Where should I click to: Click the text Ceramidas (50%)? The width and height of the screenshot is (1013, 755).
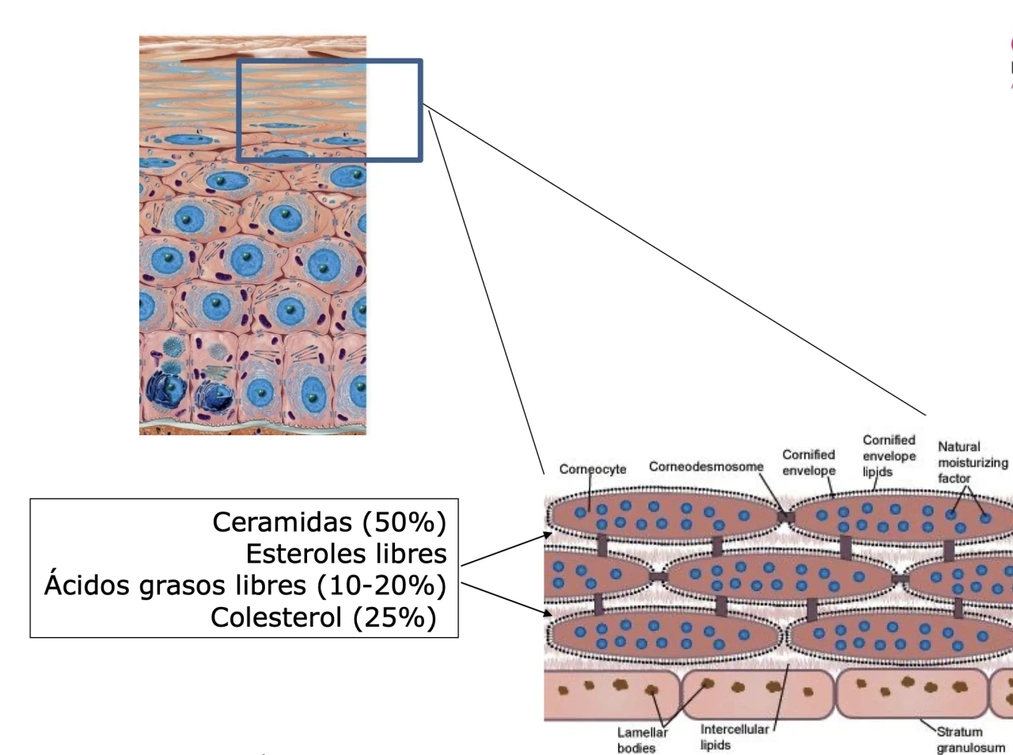pyautogui.click(x=329, y=522)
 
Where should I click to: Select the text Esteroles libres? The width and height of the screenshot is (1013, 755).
pyautogui.click(x=346, y=554)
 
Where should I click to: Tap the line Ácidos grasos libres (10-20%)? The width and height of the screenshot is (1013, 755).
pyautogui.click(x=245, y=586)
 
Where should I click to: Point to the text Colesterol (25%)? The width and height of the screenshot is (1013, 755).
pyautogui.click(x=323, y=617)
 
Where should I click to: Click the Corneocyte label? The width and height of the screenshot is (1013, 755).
pyautogui.click(x=593, y=469)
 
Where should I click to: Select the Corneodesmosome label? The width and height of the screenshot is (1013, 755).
pyautogui.click(x=706, y=467)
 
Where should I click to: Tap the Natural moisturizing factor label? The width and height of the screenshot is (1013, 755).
pyautogui.click(x=972, y=462)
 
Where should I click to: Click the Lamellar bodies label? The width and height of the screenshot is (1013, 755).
pyautogui.click(x=642, y=740)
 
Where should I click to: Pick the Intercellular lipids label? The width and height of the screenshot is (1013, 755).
pyautogui.click(x=734, y=737)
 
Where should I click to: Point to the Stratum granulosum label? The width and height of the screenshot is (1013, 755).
pyautogui.click(x=970, y=740)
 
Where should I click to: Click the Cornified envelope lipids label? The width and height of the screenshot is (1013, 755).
pyautogui.click(x=889, y=456)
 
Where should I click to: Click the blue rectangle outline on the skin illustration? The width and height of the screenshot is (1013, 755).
pyautogui.click(x=420, y=111)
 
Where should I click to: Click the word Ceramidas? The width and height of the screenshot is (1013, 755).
pyautogui.click(x=282, y=522)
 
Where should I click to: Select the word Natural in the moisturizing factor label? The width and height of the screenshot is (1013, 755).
pyautogui.click(x=958, y=446)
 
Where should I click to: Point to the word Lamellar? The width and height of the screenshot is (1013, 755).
pyautogui.click(x=642, y=733)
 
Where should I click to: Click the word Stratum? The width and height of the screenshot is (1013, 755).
pyautogui.click(x=959, y=732)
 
